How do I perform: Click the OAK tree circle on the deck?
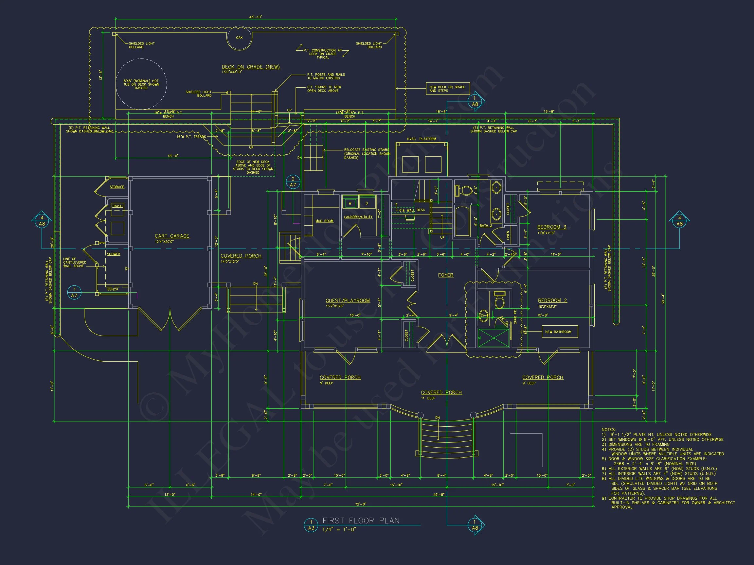coord(239,38)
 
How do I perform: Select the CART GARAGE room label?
coord(172,236)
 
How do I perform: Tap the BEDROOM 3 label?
coord(551,227)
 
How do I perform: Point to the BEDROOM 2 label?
coord(552,300)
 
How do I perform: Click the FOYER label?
coord(445,275)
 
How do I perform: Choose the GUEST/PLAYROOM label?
coord(348,300)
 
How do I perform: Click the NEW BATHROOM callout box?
coord(560,332)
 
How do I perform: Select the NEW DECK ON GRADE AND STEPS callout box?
coord(447,89)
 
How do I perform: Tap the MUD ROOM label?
coord(324,221)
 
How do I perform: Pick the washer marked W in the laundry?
coord(350,204)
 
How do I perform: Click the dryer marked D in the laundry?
coord(367,204)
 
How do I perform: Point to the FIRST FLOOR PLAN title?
coord(361,521)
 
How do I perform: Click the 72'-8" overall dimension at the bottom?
coord(361,505)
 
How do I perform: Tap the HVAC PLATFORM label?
coord(421,139)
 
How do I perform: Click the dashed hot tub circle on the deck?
coord(141,84)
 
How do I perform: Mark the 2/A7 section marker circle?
coord(293,182)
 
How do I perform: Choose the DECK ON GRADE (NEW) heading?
coord(251,67)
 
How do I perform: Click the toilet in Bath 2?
coord(462,190)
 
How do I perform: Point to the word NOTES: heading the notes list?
coord(608,430)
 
